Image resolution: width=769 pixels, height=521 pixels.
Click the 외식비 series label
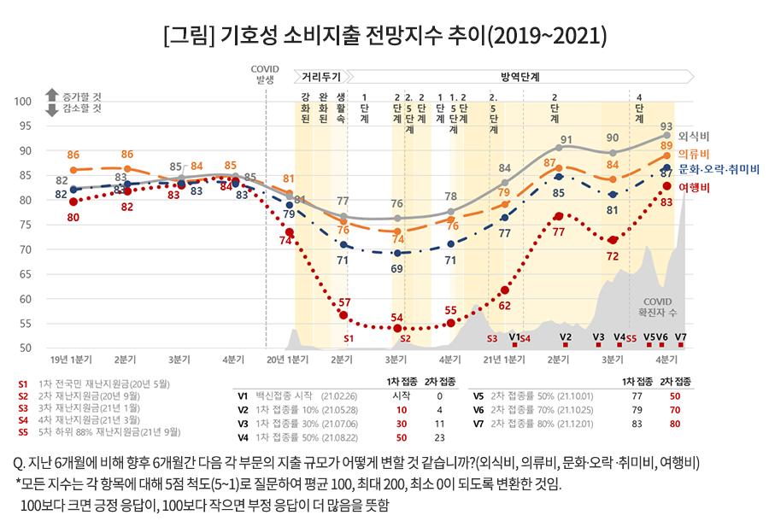pos(694,137)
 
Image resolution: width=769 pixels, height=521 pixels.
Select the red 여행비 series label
pos(694,188)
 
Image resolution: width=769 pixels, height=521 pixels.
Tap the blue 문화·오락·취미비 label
pos(719,170)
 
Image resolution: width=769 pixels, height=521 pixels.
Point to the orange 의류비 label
pos(694,155)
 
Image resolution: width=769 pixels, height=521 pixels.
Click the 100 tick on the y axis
pos(22,102)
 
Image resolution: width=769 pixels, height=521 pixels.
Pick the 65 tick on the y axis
pos(26,274)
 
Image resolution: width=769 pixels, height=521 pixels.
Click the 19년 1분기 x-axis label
pos(71,360)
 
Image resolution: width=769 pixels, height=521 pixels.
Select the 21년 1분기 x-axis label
pos(504,360)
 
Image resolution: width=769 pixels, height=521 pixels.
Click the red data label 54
pos(396,318)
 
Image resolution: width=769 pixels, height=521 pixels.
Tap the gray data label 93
pos(666,126)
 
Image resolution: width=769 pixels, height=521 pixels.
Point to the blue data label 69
pos(396,268)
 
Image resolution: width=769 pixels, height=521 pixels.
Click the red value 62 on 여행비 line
pos(505,306)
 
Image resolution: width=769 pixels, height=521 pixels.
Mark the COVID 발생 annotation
pos(265,74)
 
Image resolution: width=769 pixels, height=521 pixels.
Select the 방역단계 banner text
pos(520,77)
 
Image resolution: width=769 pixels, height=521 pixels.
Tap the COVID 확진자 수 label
pos(658,307)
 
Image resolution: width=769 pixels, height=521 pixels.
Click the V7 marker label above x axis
pos(681,337)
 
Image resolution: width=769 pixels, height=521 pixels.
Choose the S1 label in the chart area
pos(349,339)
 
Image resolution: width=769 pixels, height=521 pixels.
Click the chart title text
pos(385,35)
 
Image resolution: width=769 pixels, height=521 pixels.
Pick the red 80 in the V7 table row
pos(675,424)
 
